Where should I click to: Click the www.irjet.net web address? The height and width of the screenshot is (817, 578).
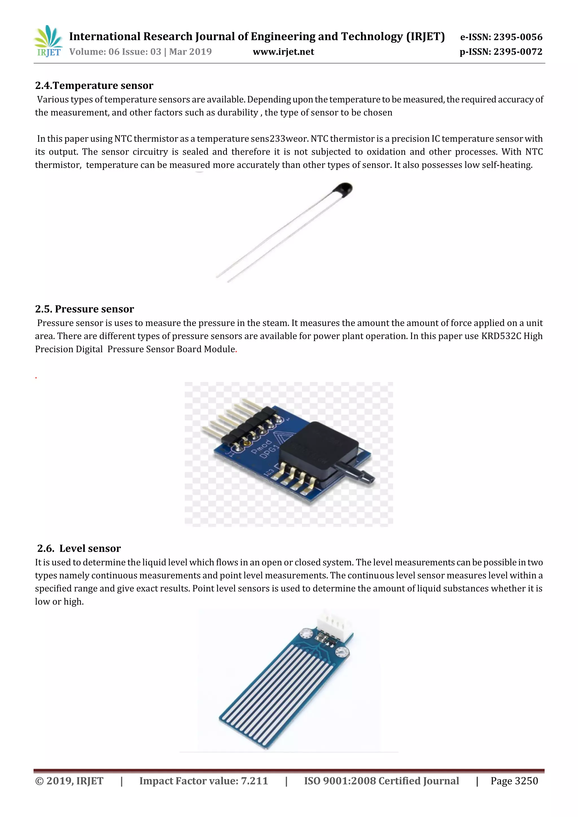pyautogui.click(x=283, y=52)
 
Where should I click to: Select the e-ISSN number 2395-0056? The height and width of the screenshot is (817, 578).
pyautogui.click(x=518, y=37)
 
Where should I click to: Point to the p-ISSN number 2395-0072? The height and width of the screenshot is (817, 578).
pyautogui.click(x=518, y=52)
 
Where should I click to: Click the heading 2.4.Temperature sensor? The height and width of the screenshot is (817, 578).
pyautogui.click(x=94, y=85)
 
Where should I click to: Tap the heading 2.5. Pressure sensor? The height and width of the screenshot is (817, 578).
pyautogui.click(x=84, y=309)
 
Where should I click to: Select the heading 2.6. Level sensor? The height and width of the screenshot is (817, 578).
pyautogui.click(x=79, y=548)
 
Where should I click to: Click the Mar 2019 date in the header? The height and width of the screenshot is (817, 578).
pyautogui.click(x=191, y=52)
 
